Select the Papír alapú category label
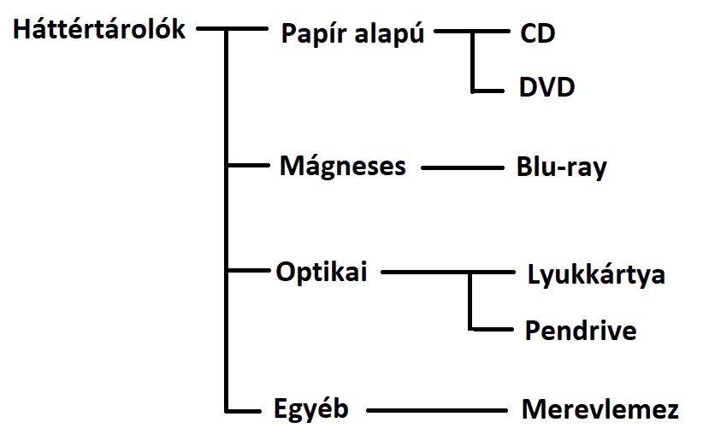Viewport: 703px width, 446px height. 351,36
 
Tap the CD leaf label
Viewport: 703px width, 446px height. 537,34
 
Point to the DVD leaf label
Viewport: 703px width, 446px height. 546,87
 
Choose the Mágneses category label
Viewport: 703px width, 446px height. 342,166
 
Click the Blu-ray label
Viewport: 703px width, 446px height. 561,167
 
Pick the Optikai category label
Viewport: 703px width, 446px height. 321,273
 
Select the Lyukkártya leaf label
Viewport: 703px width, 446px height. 596,275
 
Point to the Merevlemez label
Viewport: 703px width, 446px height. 600,410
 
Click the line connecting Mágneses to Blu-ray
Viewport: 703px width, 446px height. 463,168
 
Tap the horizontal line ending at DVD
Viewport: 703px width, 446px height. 492,88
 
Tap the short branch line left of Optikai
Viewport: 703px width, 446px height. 248,273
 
